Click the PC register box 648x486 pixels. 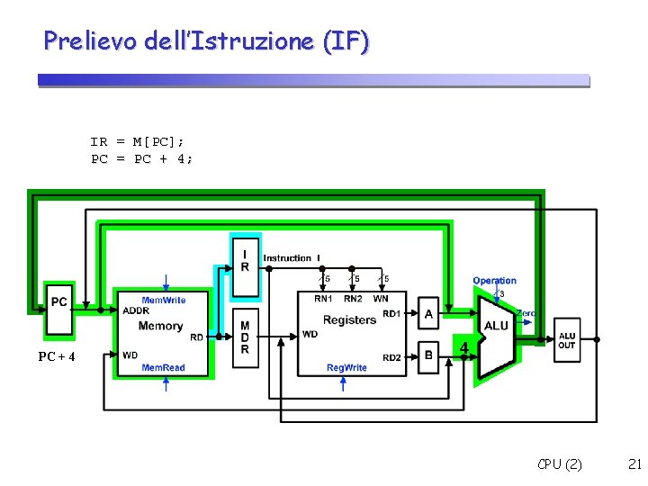(x=59, y=300)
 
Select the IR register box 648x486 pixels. (x=245, y=261)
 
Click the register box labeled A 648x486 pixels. (x=428, y=313)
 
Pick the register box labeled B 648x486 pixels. (x=428, y=355)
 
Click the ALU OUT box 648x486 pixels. (x=567, y=341)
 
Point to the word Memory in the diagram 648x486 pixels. (x=161, y=326)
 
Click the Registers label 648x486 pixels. (x=349, y=319)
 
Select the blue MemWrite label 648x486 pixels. (x=164, y=300)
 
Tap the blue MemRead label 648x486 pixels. (x=163, y=368)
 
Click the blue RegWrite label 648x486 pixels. (x=346, y=368)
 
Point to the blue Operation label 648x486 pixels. (x=495, y=281)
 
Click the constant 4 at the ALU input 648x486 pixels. (x=464, y=346)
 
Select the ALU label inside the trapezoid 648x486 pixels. (x=496, y=326)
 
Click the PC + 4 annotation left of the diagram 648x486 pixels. (x=56, y=357)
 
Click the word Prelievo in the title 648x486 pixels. (x=86, y=40)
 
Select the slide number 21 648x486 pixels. (x=634, y=464)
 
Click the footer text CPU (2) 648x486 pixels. (x=560, y=464)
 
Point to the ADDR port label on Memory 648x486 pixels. (x=136, y=310)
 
